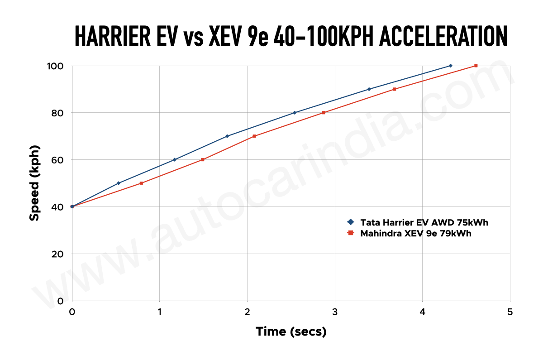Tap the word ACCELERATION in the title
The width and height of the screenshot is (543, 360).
[443, 36]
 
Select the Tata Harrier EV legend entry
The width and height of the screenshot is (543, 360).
[424, 222]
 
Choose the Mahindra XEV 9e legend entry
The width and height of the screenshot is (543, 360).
[416, 234]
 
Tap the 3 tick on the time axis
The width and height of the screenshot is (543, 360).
[335, 312]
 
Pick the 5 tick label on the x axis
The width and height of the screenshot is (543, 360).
[510, 312]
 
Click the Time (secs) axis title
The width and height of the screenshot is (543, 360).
[291, 331]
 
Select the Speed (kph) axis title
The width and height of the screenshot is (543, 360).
[34, 183]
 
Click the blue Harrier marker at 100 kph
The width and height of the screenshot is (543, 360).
[450, 66]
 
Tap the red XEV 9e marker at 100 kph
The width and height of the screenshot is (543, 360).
[476, 66]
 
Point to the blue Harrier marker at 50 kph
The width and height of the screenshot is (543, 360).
[119, 183]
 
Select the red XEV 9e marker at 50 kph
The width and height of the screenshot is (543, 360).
[141, 183]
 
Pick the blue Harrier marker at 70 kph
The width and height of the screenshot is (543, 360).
[227, 136]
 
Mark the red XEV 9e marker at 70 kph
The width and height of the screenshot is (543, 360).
[254, 136]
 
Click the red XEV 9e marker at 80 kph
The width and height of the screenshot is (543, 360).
[324, 112]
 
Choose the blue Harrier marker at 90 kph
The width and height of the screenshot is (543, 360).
[369, 89]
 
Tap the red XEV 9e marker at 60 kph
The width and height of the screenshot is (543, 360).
[202, 159]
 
